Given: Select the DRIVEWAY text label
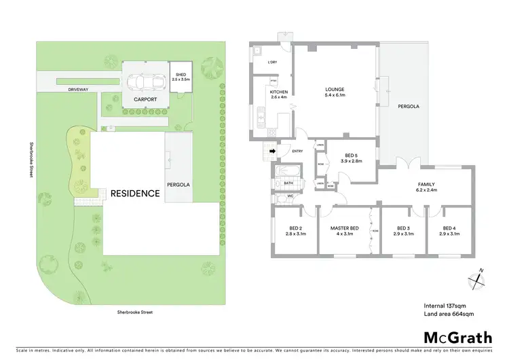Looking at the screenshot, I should point(70,89).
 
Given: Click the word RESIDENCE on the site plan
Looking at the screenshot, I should point(136,193).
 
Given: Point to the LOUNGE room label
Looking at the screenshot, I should point(335,89).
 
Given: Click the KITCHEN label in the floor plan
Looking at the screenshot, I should point(279,92).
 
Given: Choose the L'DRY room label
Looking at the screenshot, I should point(272,63).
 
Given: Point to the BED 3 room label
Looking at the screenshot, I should point(403,228).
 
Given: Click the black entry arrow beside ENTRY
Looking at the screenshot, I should point(273,151).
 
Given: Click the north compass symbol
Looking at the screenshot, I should point(478,278).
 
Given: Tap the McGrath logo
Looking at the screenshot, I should point(459,337).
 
